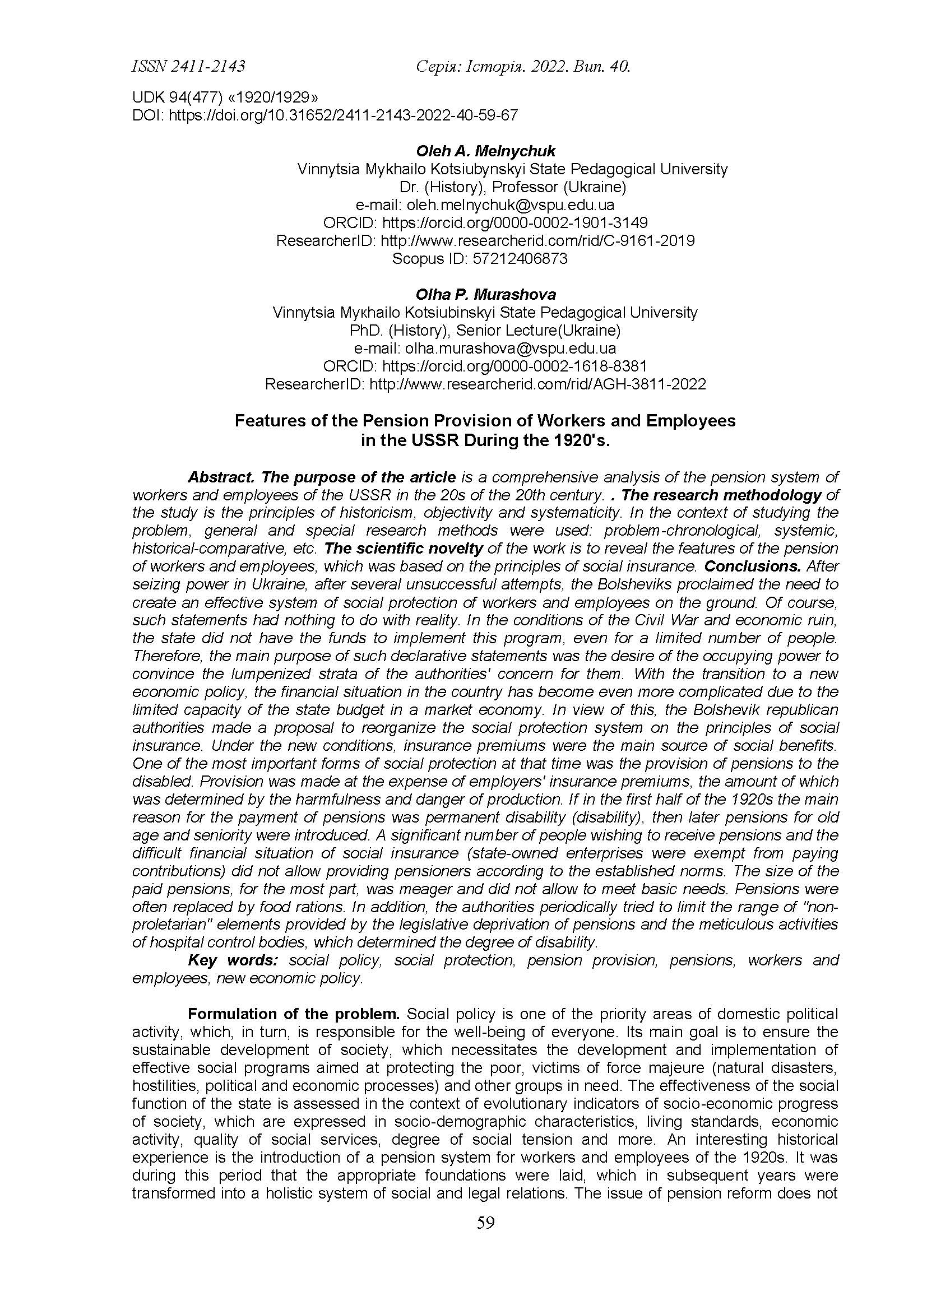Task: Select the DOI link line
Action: (x=325, y=115)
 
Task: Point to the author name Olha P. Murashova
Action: (x=485, y=294)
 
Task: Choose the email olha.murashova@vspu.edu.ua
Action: (x=511, y=349)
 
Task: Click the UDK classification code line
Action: (x=225, y=97)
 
